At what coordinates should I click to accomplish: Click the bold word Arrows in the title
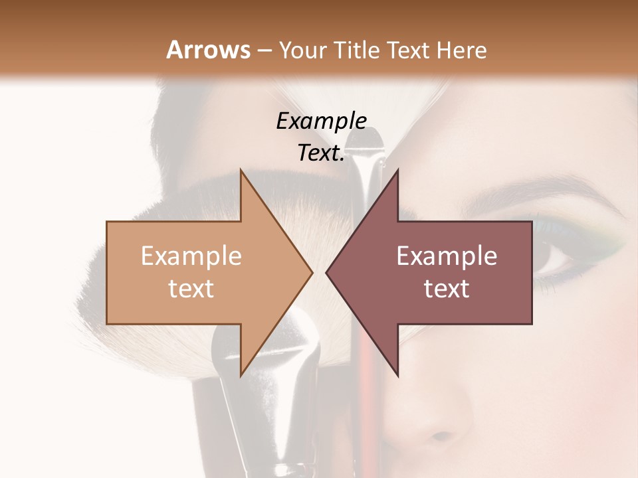click(208, 50)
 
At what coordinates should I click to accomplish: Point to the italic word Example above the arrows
click(321, 121)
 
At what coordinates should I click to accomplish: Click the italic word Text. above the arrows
click(321, 153)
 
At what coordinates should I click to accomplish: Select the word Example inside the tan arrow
click(191, 256)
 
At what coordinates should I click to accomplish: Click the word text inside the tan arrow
click(191, 289)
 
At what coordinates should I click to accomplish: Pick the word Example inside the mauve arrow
click(447, 256)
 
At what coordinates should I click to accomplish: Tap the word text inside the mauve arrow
click(447, 289)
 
